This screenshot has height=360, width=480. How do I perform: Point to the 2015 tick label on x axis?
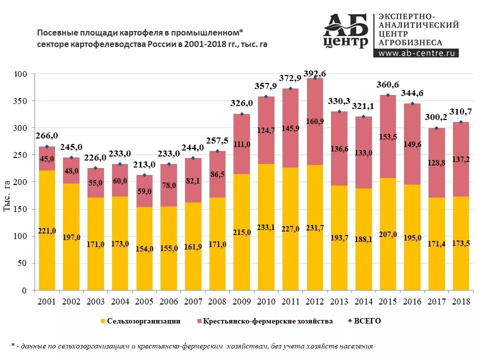[x=388, y=301]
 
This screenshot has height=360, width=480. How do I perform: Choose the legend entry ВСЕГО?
[x=367, y=321]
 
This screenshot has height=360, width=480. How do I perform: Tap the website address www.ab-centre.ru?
[x=416, y=53]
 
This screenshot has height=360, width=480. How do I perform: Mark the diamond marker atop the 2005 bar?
[x=144, y=175]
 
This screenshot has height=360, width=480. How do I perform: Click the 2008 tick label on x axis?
[x=217, y=301]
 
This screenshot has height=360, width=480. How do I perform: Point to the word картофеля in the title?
[x=144, y=32]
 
